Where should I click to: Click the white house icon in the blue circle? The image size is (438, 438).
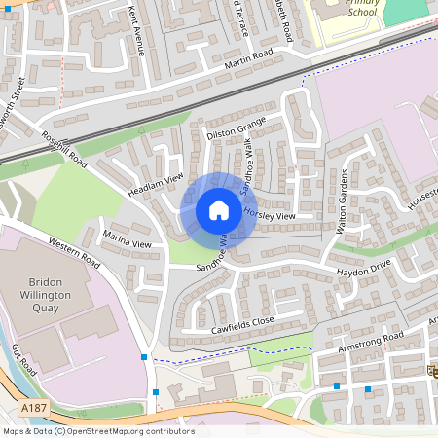(x=219, y=209)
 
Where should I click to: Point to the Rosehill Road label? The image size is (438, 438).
(x=64, y=150)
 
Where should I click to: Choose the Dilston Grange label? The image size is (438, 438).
(x=236, y=128)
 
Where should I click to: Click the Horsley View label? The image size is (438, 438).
(x=272, y=215)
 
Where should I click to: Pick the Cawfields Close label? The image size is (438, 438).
(x=242, y=325)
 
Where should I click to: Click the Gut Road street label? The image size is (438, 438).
(x=23, y=359)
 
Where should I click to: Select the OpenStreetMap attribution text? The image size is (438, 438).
(x=98, y=431)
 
